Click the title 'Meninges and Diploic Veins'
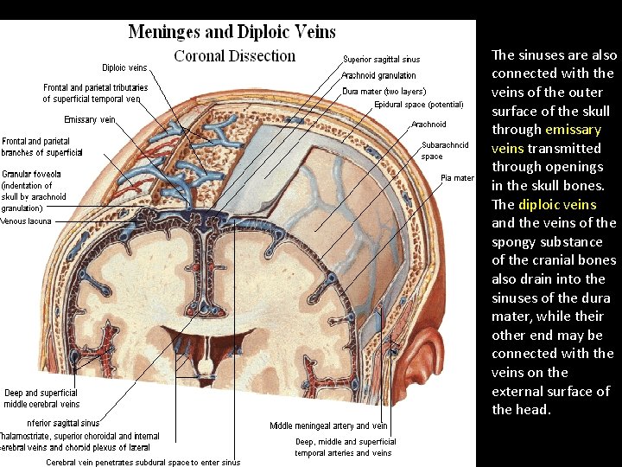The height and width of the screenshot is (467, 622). click(232, 32)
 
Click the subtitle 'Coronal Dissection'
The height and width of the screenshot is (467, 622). click(234, 56)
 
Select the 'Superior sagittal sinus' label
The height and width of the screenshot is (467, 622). click(381, 60)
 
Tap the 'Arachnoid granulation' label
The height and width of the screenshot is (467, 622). click(378, 75)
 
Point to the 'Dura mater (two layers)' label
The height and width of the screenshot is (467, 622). click(384, 91)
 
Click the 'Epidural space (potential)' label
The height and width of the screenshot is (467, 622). click(418, 105)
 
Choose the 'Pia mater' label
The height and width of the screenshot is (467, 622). click(457, 178)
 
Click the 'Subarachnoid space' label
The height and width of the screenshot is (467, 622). click(445, 150)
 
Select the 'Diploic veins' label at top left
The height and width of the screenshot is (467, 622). click(124, 67)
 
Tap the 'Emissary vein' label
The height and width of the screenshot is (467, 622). click(90, 119)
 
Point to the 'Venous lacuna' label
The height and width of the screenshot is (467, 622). click(26, 221)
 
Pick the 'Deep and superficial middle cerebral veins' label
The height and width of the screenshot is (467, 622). click(41, 399)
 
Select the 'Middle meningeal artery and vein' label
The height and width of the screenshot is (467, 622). click(328, 425)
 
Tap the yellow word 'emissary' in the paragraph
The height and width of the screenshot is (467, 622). click(572, 130)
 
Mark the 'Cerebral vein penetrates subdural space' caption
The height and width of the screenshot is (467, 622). click(143, 463)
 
